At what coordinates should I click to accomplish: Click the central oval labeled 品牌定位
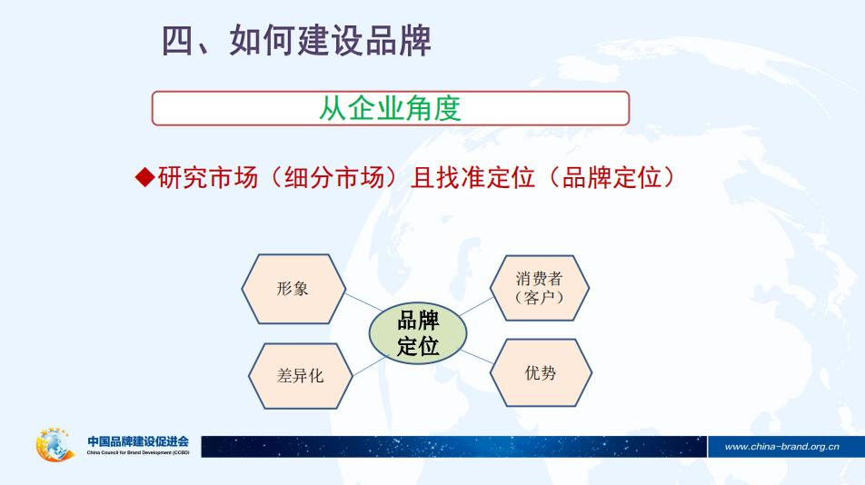point(418,333)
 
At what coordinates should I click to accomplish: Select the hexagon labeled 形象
point(293,289)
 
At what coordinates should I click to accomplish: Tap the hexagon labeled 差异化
point(300,375)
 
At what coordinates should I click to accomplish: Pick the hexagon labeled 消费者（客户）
point(540,288)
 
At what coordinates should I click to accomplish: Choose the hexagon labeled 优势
point(541,372)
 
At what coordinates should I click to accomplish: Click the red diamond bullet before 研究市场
point(144,177)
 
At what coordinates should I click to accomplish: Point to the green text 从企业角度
point(390,108)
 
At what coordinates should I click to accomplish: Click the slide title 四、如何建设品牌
point(296,41)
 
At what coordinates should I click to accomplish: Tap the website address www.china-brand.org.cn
point(781,446)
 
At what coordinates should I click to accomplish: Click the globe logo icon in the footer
point(55,445)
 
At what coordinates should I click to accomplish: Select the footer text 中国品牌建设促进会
point(138,441)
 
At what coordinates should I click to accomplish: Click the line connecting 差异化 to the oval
point(361,362)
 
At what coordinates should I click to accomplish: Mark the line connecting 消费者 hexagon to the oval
point(475,306)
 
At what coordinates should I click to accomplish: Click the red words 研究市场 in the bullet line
point(197,177)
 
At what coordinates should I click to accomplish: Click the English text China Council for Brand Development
point(138,452)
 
